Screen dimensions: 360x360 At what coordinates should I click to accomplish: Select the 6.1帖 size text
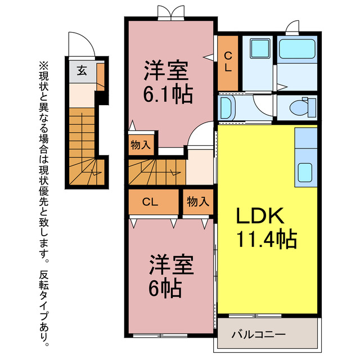click(x=167, y=93)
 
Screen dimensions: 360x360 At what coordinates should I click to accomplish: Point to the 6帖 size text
click(x=165, y=289)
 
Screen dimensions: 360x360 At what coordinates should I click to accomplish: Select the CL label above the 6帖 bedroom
click(x=150, y=201)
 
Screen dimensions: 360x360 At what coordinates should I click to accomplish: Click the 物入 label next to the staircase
click(x=141, y=145)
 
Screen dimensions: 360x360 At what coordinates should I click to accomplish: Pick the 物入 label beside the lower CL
click(x=197, y=201)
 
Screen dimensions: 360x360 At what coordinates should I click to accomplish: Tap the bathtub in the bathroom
click(x=298, y=50)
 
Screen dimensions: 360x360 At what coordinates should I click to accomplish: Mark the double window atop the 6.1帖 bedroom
click(x=170, y=13)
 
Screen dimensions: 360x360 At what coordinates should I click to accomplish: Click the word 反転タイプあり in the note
click(x=44, y=307)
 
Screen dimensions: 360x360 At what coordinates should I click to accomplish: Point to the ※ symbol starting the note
click(x=44, y=65)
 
